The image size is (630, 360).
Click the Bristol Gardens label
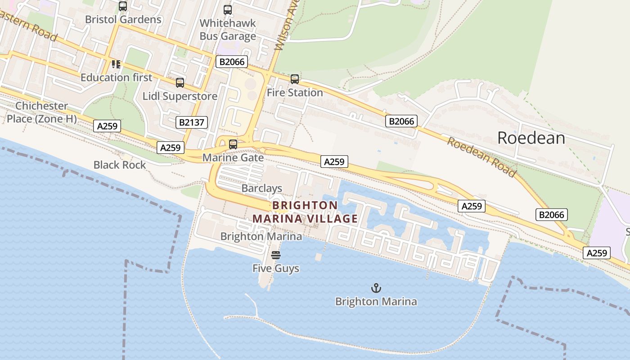(123, 19)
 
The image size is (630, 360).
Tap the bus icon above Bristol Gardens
(123, 6)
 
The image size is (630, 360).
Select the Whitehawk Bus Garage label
(228, 29)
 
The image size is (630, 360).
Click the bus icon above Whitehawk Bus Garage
(228, 9)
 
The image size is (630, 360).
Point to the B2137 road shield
(192, 122)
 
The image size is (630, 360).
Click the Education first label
(116, 77)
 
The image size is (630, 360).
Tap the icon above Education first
(116, 64)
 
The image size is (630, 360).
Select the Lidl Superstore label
(180, 96)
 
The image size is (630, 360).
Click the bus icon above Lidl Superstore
(180, 83)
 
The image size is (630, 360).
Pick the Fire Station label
(295, 92)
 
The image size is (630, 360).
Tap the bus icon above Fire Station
(295, 79)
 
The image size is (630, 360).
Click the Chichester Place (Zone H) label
(41, 112)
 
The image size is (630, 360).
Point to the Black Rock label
(120, 165)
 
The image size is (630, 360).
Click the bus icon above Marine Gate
(233, 144)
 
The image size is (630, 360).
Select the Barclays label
(261, 188)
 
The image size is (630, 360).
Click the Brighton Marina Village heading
(305, 212)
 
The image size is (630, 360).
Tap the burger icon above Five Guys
(276, 255)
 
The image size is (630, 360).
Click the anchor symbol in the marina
(376, 288)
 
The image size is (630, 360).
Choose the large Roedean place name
(531, 138)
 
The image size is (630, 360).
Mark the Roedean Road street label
(481, 157)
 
